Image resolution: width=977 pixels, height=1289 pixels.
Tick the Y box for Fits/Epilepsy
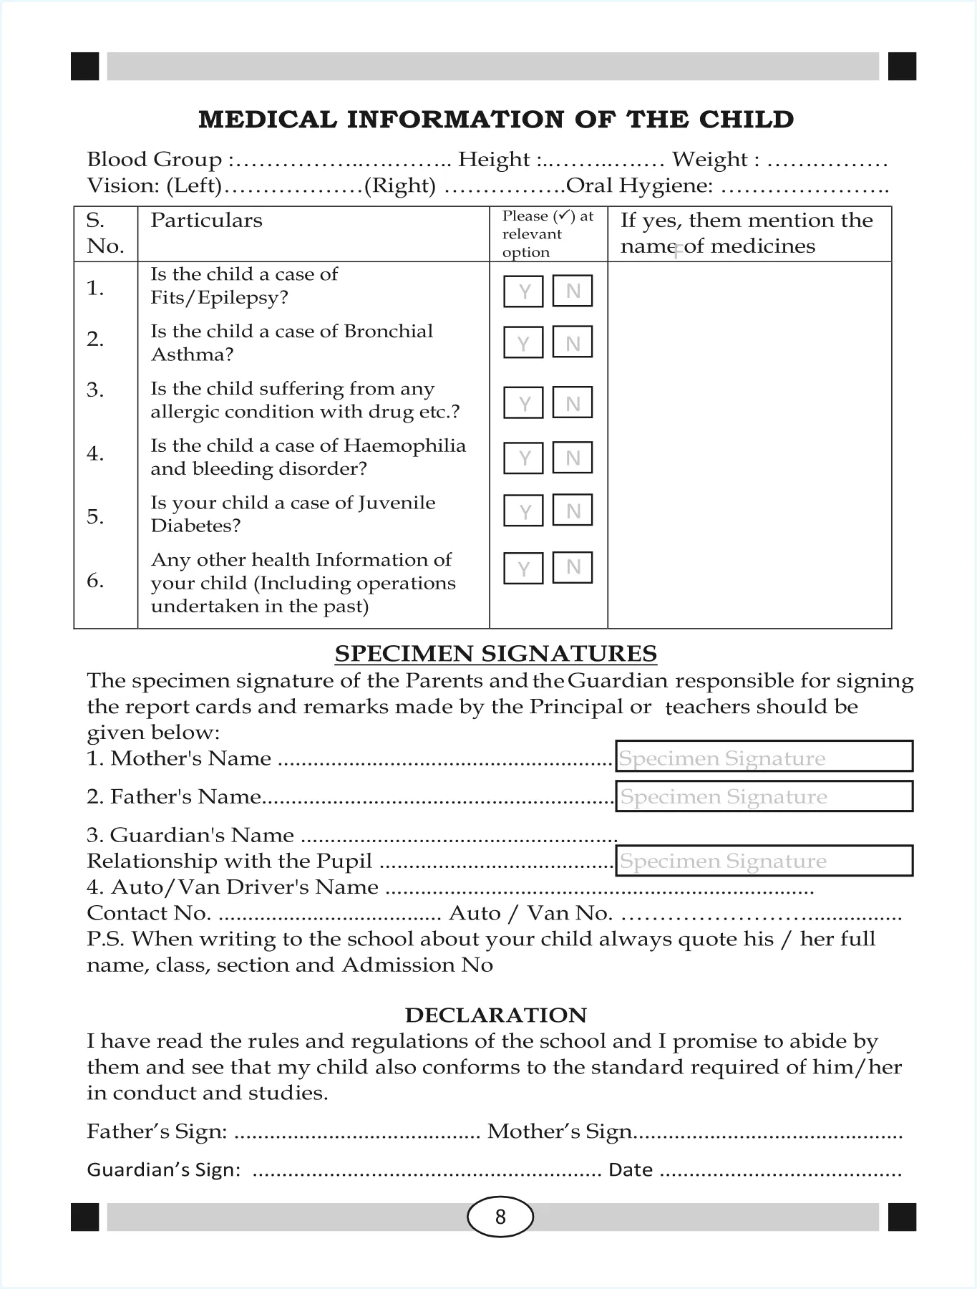(523, 291)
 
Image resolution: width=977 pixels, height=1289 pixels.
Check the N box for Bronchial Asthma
(573, 342)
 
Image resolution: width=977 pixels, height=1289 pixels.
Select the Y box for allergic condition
(523, 402)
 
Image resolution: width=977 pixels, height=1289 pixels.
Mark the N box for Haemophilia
(573, 458)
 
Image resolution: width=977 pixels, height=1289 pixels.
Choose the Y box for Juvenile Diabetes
(523, 511)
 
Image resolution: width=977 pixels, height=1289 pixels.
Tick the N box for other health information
(573, 567)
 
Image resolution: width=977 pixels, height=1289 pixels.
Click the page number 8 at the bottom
(500, 1217)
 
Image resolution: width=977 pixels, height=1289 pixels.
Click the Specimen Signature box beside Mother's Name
(764, 757)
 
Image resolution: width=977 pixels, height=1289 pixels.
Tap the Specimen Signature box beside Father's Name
(764, 796)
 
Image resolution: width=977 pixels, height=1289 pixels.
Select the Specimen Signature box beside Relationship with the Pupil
(764, 861)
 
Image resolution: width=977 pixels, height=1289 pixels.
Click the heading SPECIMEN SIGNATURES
(495, 653)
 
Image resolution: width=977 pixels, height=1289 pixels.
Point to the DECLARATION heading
(495, 1015)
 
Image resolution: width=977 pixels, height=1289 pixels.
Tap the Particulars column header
(206, 221)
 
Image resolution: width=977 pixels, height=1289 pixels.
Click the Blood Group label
(154, 159)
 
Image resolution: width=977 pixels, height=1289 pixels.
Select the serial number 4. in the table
(95, 453)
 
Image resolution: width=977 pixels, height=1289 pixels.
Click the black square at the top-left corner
(85, 67)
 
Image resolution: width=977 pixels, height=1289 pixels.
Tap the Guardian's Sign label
(163, 1170)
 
